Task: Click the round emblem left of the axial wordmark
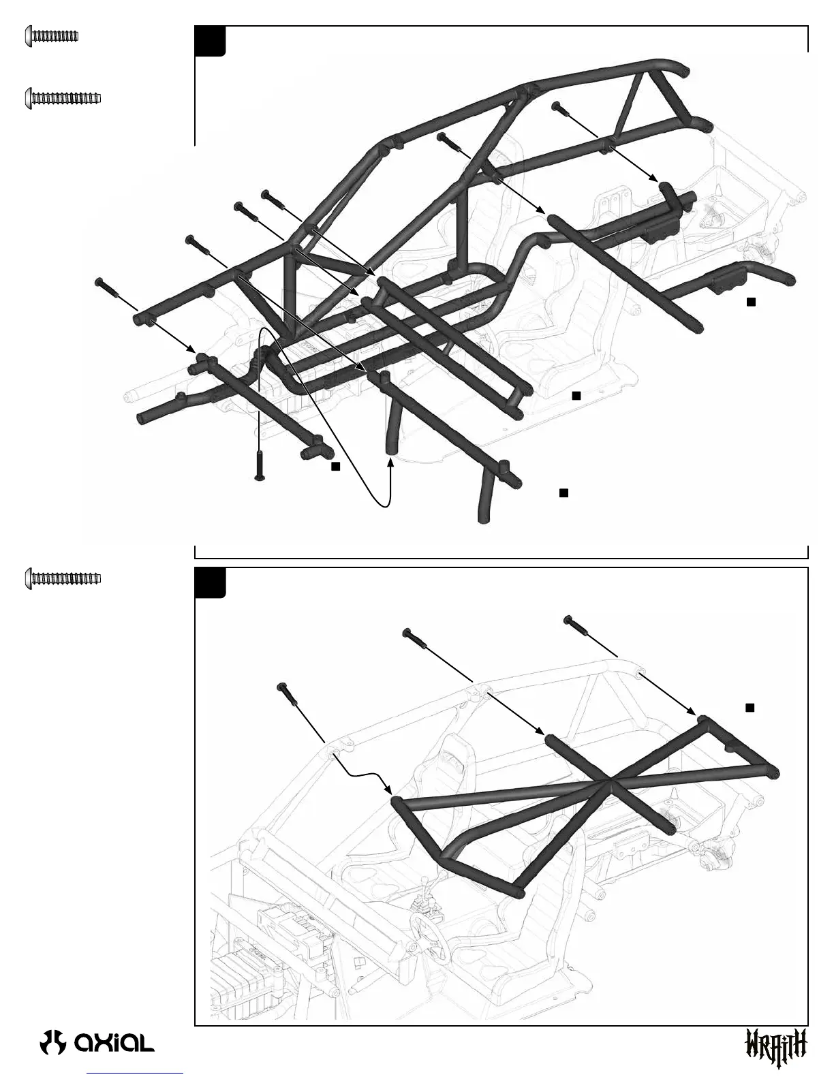(x=52, y=1042)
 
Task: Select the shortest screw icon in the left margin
(x=52, y=35)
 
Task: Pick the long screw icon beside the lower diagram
(x=63, y=578)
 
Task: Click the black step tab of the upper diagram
(x=210, y=41)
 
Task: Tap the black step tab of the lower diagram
(x=210, y=582)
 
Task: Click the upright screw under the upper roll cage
(x=260, y=467)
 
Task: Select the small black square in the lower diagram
(x=750, y=708)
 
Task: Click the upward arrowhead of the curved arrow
(x=391, y=461)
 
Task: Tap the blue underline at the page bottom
(x=136, y=1074)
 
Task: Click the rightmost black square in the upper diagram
(x=751, y=302)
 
